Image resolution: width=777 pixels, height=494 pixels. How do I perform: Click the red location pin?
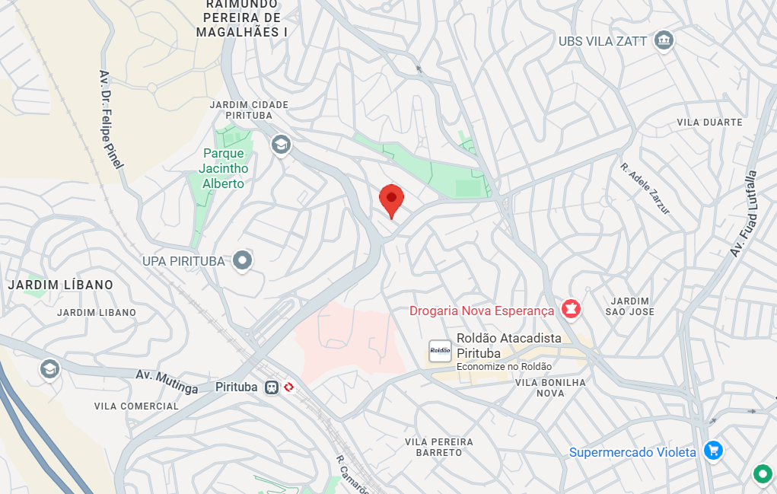(391, 199)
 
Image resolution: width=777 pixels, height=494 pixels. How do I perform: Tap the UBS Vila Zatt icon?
(664, 40)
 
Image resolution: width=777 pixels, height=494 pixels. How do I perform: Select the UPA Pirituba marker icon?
(243, 260)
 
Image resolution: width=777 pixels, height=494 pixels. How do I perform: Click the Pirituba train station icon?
(272, 387)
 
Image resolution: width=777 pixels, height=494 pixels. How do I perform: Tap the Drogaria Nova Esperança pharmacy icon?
(568, 309)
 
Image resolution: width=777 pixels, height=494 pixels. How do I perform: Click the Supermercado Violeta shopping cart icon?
(712, 451)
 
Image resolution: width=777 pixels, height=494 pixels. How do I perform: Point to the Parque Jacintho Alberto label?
(223, 168)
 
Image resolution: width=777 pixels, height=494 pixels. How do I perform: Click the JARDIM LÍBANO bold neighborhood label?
(60, 285)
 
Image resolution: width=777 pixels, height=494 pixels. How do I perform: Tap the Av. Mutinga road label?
(167, 381)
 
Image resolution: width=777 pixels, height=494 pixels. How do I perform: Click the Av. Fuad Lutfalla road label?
(745, 213)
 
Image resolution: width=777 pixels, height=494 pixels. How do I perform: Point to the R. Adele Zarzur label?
(645, 188)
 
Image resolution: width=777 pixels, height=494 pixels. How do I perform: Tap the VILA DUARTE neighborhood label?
(709, 122)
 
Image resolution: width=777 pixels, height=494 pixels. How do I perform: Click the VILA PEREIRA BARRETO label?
(439, 447)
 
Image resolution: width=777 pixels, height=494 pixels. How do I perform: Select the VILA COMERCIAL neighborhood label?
(137, 406)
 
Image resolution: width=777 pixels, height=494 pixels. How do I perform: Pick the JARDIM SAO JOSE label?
(629, 306)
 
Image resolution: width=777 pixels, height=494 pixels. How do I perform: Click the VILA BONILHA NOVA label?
(550, 387)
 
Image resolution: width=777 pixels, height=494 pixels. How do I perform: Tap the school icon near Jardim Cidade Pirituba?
(281, 144)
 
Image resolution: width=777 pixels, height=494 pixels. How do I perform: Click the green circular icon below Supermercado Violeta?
(761, 474)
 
